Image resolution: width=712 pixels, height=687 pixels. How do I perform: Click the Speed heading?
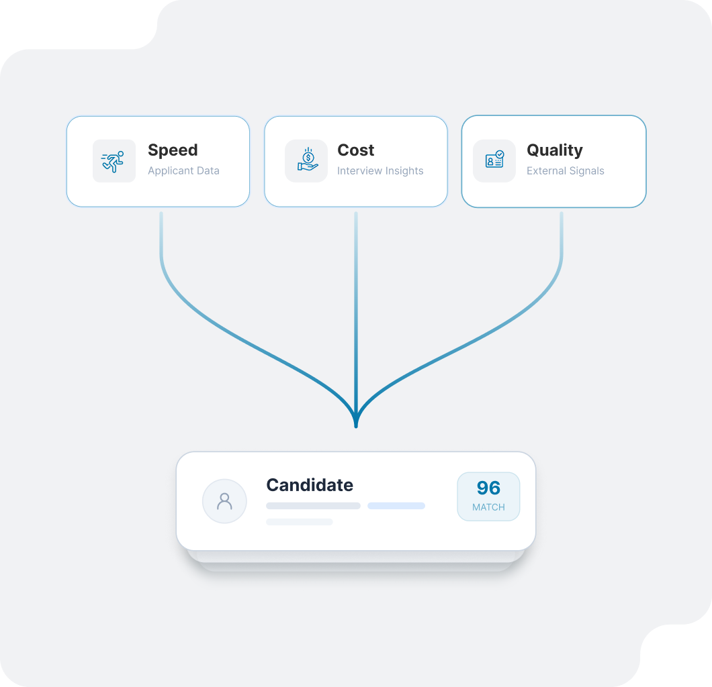tap(173, 150)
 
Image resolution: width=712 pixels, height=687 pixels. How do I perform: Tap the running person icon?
tap(114, 161)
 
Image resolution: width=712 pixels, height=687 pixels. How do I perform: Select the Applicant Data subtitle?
tap(183, 171)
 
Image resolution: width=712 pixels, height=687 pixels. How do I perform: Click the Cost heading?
tap(355, 150)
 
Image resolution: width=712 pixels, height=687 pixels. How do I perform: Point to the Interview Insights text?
tap(380, 171)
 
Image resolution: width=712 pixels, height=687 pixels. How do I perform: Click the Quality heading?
tap(554, 150)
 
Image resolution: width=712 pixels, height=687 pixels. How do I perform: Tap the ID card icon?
tap(494, 161)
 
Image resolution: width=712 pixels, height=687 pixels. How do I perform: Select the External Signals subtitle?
tap(565, 171)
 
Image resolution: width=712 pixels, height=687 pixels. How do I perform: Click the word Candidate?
tap(310, 485)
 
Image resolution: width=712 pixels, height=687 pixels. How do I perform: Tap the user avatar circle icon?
tap(224, 501)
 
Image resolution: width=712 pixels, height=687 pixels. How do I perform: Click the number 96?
tap(488, 488)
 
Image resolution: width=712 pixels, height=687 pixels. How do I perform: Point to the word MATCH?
tap(488, 507)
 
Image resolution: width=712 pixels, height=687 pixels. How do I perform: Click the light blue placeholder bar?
tap(396, 506)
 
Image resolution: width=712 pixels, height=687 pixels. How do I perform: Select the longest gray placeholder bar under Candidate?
tap(313, 506)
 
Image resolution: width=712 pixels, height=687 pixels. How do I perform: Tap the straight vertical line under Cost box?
tap(356, 302)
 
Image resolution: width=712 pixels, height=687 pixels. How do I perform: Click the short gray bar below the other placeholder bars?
tap(299, 522)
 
